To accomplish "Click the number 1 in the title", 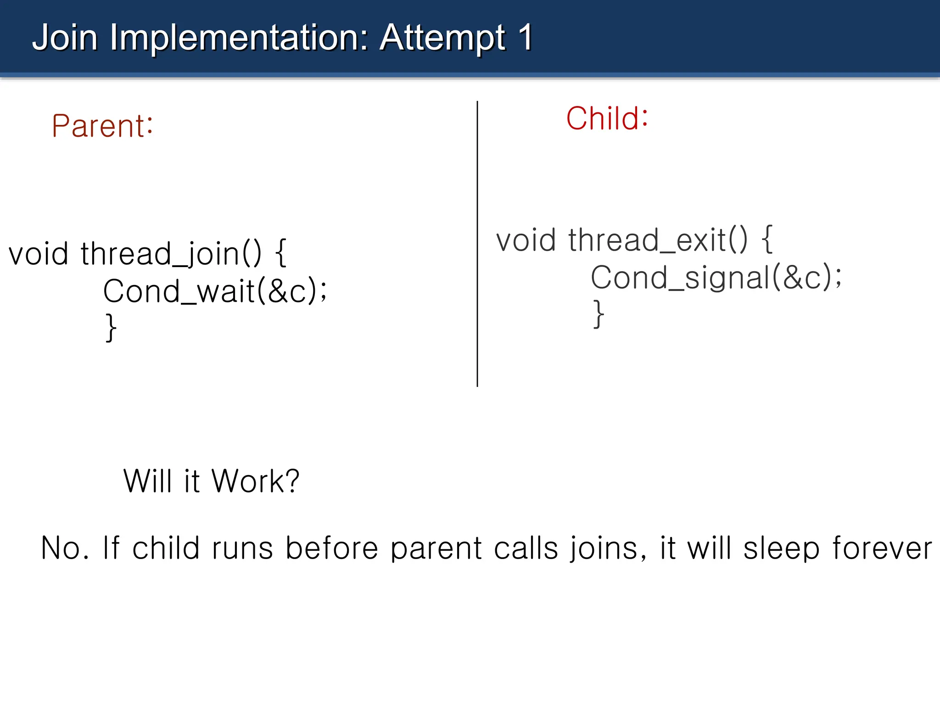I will (526, 38).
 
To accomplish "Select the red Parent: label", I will (102, 126).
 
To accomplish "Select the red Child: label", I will (607, 118).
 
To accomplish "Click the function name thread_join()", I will (171, 254).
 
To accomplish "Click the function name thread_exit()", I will (657, 240).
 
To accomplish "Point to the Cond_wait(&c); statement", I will (215, 291).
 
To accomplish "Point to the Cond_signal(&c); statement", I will (716, 278).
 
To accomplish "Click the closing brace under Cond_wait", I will (111, 328).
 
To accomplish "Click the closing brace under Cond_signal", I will (598, 314).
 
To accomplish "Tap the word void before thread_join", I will (39, 254).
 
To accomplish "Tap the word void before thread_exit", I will (526, 240).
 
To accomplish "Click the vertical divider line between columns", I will (477, 243).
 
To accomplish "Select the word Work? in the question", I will (255, 481).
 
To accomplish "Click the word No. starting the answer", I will (65, 548).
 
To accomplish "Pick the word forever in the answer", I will (882, 548).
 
